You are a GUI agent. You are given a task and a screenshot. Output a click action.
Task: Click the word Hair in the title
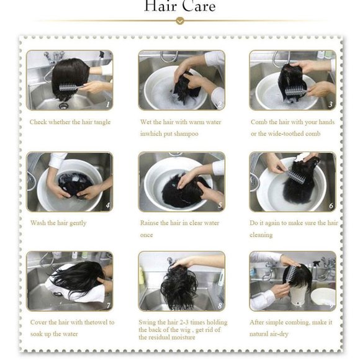point(161,6)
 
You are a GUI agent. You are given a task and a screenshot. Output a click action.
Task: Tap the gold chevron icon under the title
point(180,21)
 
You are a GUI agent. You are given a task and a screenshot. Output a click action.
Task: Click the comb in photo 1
point(70,88)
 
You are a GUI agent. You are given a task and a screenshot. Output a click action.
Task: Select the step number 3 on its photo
point(330,104)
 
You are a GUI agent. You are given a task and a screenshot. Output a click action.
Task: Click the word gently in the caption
point(78,223)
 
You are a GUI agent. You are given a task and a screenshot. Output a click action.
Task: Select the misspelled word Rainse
point(149,223)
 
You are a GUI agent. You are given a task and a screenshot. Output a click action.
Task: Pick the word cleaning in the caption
point(261,235)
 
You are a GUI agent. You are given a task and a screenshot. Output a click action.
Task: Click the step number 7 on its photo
point(108,305)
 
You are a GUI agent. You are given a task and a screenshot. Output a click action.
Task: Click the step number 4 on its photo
point(107,205)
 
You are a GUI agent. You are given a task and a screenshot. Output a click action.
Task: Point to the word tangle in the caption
point(102,122)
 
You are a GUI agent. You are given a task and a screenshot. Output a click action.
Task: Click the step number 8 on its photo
point(220,305)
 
